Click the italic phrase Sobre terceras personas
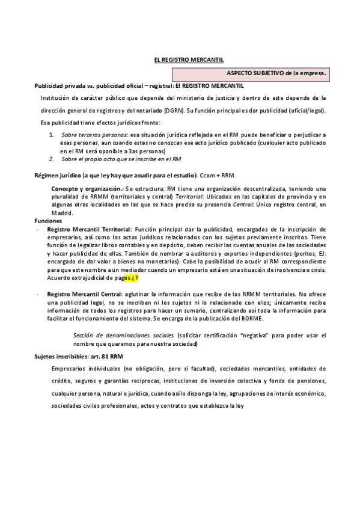94,135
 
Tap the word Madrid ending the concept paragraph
61,213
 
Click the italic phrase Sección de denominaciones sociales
123,334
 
